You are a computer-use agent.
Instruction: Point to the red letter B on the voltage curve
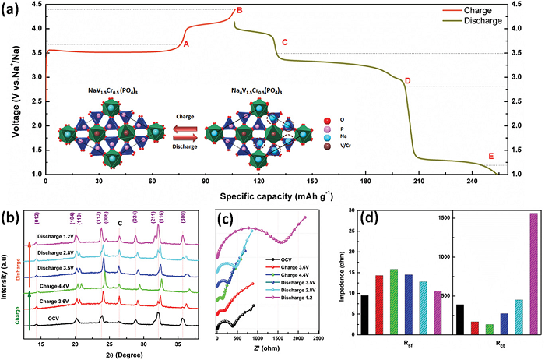(x=240, y=10)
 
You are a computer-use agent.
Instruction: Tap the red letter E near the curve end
(x=490, y=156)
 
